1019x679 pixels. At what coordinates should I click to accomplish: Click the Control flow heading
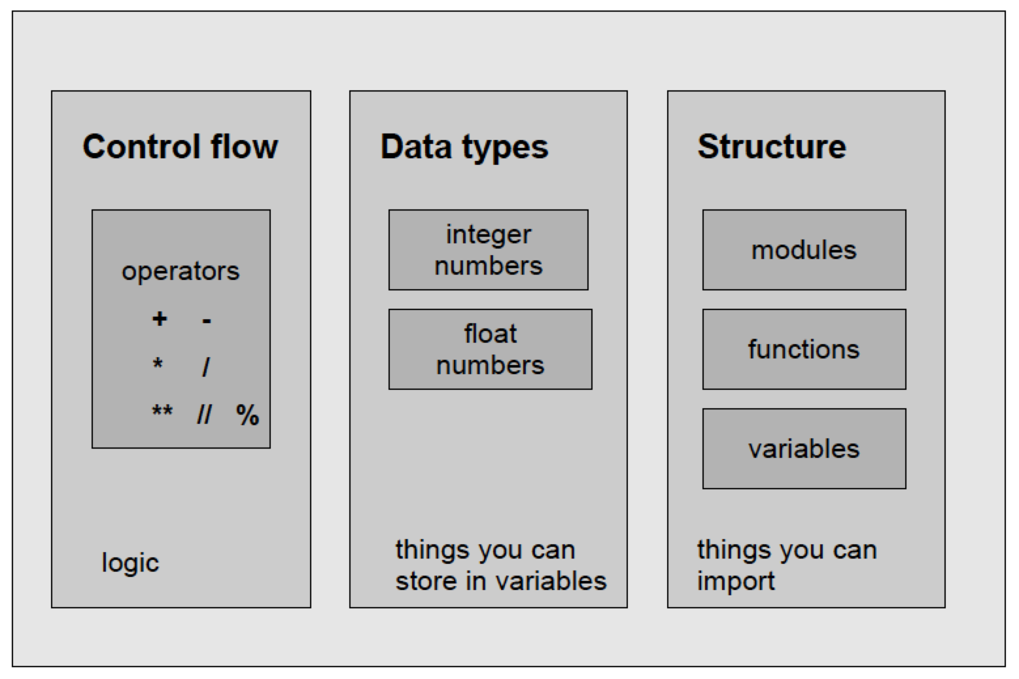pyautogui.click(x=180, y=147)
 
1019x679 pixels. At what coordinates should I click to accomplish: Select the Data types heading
pyautogui.click(x=464, y=147)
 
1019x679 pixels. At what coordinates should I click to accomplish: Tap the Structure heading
pyautogui.click(x=771, y=147)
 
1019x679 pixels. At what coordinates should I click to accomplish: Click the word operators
pyautogui.click(x=181, y=271)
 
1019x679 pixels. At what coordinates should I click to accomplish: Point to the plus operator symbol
pyautogui.click(x=159, y=319)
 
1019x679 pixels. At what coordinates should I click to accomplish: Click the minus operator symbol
pyautogui.click(x=207, y=321)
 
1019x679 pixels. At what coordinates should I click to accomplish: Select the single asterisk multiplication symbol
pyautogui.click(x=158, y=364)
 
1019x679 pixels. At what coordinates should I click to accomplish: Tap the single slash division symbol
pyautogui.click(x=206, y=367)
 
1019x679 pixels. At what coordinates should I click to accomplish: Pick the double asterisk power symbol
pyautogui.click(x=162, y=411)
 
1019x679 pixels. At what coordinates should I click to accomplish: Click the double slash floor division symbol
pyautogui.click(x=204, y=414)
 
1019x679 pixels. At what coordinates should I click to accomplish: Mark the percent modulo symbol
pyautogui.click(x=247, y=415)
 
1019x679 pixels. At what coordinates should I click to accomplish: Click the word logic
pyautogui.click(x=130, y=563)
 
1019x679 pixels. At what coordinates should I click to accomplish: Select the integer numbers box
pyautogui.click(x=488, y=250)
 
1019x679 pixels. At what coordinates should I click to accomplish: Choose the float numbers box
pyautogui.click(x=490, y=349)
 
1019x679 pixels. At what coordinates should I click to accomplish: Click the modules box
pyautogui.click(x=804, y=250)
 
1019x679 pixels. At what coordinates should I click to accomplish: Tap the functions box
pyautogui.click(x=804, y=349)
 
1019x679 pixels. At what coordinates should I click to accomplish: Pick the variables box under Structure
pyautogui.click(x=804, y=449)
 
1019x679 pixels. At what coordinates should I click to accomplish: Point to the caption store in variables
pyautogui.click(x=500, y=581)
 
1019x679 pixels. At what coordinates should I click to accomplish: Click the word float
pyautogui.click(x=490, y=334)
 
